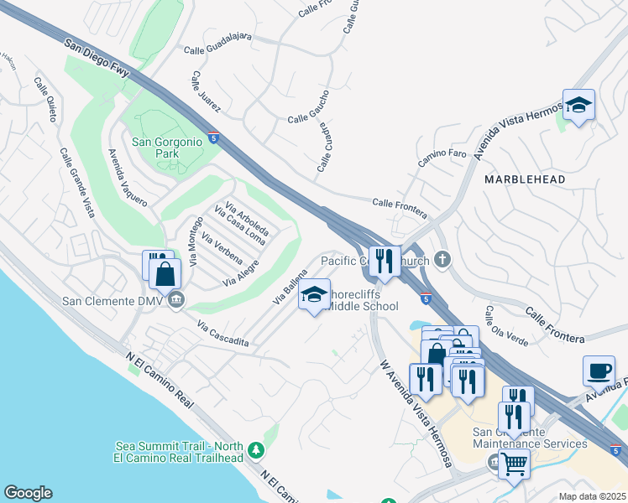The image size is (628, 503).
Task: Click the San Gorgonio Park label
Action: [167, 148]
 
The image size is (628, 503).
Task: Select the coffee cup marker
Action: [599, 371]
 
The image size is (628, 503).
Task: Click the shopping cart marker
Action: [513, 462]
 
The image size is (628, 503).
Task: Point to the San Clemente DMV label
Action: [115, 301]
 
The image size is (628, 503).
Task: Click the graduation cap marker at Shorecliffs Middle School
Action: [315, 295]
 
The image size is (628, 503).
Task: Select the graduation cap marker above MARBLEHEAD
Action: [578, 106]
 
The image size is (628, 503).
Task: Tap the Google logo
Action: [28, 493]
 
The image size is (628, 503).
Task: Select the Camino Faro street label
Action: [442, 159]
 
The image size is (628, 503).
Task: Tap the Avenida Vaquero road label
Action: [127, 179]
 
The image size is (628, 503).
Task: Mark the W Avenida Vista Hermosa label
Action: [416, 413]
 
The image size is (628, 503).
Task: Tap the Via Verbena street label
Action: [222, 244]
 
